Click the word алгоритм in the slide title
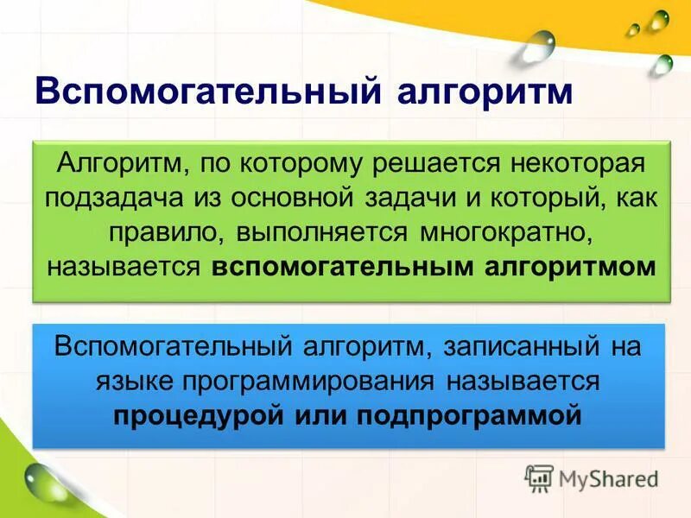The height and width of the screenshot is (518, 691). coord(485,92)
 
